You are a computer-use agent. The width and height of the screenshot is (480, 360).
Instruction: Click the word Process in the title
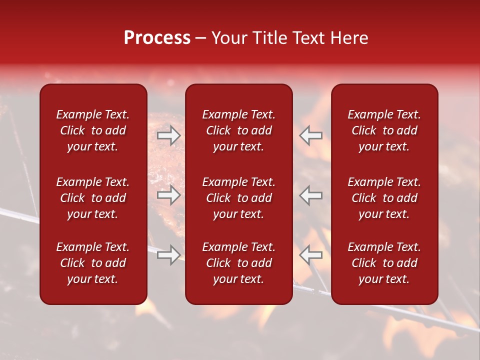(x=157, y=38)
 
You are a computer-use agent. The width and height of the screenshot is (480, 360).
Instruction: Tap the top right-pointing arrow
(x=168, y=135)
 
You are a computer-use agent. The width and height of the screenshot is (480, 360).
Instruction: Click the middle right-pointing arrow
(x=168, y=195)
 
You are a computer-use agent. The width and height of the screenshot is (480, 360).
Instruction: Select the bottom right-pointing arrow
(x=168, y=255)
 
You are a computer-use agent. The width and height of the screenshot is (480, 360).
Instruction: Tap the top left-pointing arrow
(x=311, y=135)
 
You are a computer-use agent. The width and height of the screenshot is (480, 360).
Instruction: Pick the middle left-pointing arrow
(x=311, y=195)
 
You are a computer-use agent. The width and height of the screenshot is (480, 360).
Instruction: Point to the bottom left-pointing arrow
(x=311, y=255)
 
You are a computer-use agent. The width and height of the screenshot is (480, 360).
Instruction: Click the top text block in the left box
(x=93, y=130)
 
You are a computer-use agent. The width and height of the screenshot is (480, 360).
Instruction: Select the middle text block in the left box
(x=93, y=198)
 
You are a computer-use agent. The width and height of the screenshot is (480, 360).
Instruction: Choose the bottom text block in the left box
(x=93, y=263)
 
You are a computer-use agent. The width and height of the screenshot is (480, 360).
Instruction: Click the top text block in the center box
(x=238, y=130)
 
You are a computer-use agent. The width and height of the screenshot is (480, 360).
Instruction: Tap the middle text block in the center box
(x=238, y=198)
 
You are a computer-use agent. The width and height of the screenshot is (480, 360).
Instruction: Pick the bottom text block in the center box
(x=238, y=263)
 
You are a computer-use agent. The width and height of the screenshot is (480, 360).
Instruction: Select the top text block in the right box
(x=384, y=130)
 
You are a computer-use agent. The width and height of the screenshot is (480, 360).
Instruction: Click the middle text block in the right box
(x=384, y=198)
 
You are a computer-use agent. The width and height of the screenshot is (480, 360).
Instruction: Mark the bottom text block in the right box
(x=384, y=263)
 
